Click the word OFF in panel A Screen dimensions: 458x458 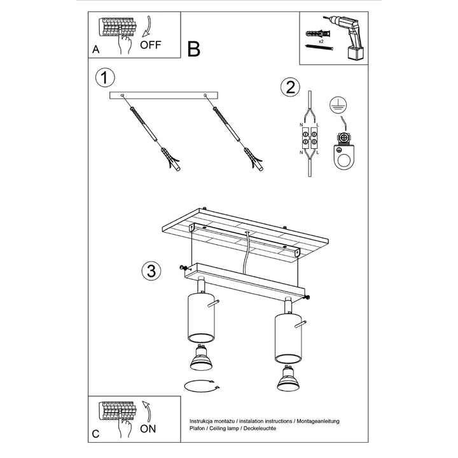[150, 45]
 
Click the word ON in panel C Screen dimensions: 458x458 [148, 429]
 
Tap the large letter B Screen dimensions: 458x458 [193, 49]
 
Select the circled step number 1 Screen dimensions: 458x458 [105, 78]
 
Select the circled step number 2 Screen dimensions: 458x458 [290, 87]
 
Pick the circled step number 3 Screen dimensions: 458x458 [151, 271]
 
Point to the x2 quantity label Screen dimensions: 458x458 [321, 41]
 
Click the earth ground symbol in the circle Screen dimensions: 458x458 [338, 105]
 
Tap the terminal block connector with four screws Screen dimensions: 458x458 [309, 138]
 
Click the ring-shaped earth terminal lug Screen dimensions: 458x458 [344, 158]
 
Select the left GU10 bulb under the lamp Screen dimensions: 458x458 [201, 357]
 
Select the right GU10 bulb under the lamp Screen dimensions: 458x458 [288, 378]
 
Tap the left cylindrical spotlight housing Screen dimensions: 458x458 [201, 318]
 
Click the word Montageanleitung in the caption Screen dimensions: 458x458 [318, 421]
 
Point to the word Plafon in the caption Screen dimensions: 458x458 [197, 428]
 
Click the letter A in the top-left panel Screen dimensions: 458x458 [96, 50]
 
